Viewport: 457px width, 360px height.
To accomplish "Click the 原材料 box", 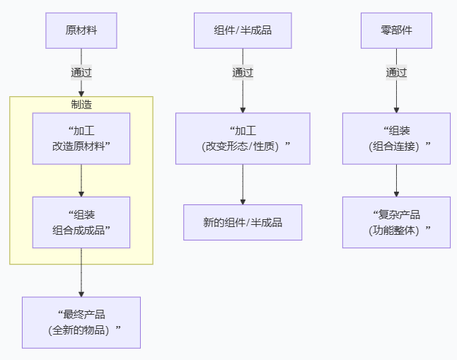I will coord(81,30).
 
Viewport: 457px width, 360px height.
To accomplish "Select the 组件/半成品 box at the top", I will coord(243,30).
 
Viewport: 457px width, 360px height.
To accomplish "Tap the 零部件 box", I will coord(396,30).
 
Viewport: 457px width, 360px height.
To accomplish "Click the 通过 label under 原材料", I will coord(81,72).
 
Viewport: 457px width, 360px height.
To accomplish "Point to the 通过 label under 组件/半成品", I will coord(243,72).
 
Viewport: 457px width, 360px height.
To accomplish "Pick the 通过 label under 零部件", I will coord(396,72).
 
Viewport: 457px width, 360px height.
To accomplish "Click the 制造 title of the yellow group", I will coord(81,105).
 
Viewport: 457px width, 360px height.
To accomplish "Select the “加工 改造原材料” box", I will coord(81,139).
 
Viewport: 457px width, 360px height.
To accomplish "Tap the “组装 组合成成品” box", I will coord(81,222).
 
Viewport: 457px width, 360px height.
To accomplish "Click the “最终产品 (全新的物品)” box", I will coord(81,323).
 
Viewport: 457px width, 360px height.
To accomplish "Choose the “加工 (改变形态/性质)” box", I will coord(243,139).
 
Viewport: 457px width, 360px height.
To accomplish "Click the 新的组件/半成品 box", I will coord(243,222).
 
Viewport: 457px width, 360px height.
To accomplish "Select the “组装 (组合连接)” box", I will coord(396,139).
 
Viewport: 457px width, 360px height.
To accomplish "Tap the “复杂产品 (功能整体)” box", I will coord(396,222).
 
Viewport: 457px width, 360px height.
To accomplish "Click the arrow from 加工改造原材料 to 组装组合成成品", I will coord(81,180).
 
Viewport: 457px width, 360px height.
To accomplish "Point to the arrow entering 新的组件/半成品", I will coord(243,185).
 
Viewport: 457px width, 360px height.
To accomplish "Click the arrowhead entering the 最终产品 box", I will coord(81,293).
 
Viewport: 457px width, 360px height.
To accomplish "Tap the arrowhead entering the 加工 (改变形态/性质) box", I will coord(243,110).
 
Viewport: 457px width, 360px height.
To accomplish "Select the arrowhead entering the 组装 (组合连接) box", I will coord(396,110).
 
